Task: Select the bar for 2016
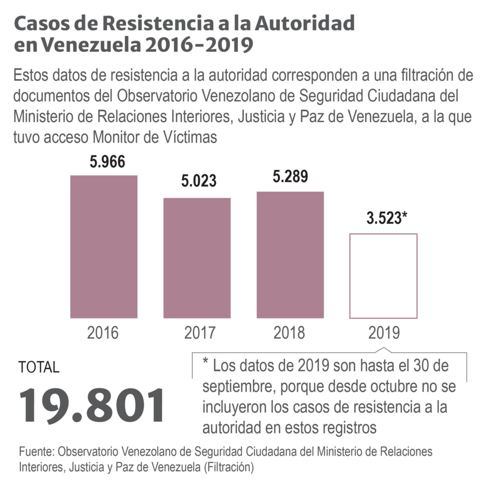click(104, 247)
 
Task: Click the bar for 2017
click(197, 258)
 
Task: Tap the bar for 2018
click(290, 255)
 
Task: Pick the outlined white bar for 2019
click(383, 276)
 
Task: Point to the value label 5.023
click(198, 181)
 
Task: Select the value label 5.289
click(290, 176)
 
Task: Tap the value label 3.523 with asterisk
click(387, 219)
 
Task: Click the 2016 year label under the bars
click(103, 333)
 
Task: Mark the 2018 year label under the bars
click(289, 333)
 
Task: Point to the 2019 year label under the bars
click(384, 333)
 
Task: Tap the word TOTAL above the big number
click(39, 367)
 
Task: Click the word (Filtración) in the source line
click(227, 467)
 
